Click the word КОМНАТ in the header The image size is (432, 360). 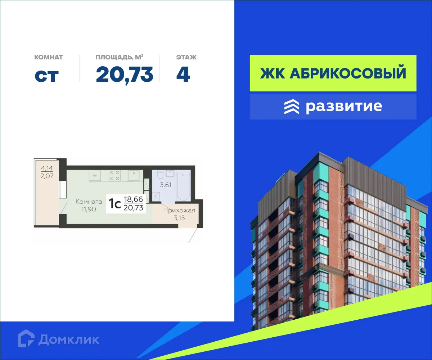(49, 57)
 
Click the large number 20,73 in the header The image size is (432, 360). (125, 75)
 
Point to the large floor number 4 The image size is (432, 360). (183, 75)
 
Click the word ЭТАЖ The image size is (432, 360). (186, 57)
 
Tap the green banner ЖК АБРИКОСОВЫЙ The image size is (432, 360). (333, 73)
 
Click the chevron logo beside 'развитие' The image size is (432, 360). (291, 107)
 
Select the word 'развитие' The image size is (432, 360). (344, 107)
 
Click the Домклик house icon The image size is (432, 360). (26, 339)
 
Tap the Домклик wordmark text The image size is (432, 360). (69, 339)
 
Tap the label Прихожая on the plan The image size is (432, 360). (179, 211)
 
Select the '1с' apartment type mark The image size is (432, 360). (115, 204)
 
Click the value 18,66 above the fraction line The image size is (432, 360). (133, 200)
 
